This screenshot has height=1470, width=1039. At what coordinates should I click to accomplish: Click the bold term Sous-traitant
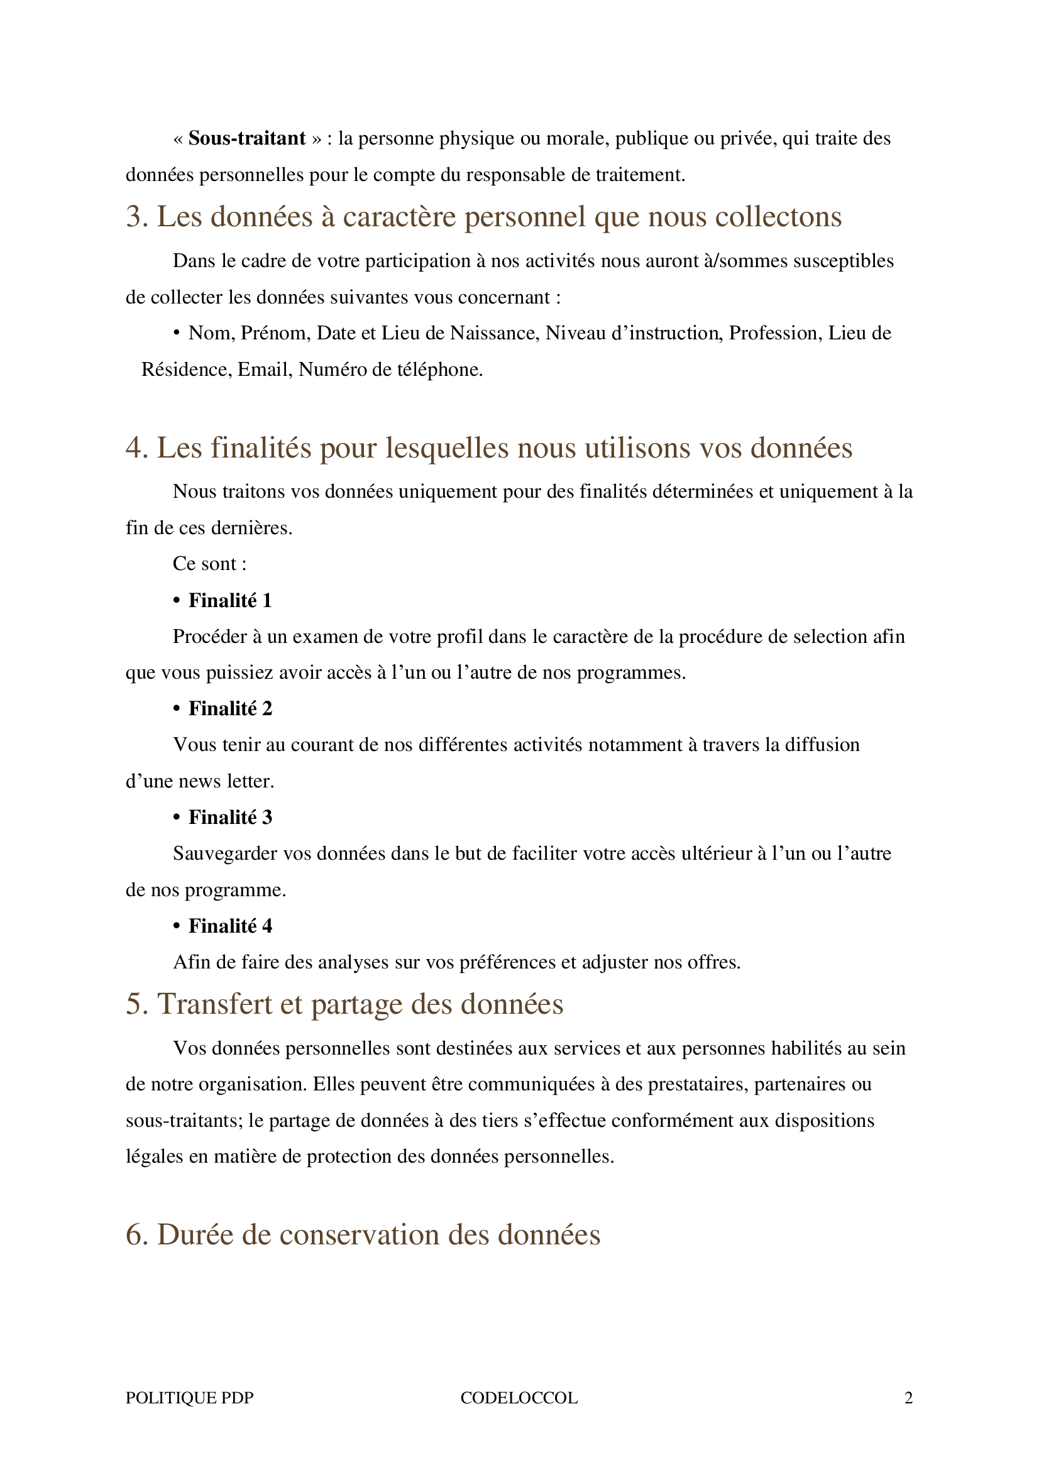pos(246,138)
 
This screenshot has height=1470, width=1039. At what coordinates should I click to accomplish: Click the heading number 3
pos(136,216)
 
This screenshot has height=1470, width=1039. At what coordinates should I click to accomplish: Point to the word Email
pos(263,370)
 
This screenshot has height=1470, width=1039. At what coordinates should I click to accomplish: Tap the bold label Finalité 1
pos(230,600)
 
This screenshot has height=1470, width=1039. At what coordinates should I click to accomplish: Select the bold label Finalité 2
pos(230,708)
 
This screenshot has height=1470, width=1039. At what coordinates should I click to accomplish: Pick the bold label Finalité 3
pos(230,817)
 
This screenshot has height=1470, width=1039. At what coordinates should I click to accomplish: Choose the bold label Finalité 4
pos(230,926)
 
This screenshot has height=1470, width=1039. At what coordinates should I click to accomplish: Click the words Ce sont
pos(209,563)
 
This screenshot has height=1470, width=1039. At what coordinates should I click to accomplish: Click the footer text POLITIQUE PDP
pos(189,1398)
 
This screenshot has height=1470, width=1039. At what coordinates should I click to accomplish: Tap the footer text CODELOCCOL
pos(519,1398)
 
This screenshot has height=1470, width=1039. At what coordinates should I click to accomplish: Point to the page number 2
pos(908,1398)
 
